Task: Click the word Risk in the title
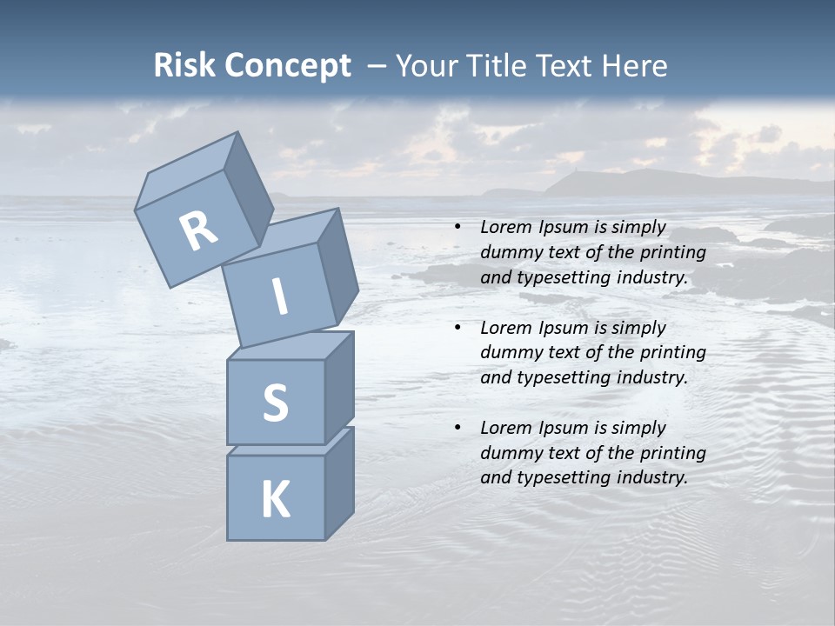(184, 66)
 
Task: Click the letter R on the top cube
(198, 231)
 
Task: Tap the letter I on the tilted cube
(280, 296)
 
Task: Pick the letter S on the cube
(275, 403)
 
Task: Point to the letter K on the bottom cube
(275, 500)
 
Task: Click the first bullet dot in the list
(458, 228)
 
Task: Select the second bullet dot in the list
(458, 328)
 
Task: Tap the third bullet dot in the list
(458, 428)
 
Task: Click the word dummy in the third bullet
(508, 452)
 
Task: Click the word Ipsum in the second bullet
(563, 327)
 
